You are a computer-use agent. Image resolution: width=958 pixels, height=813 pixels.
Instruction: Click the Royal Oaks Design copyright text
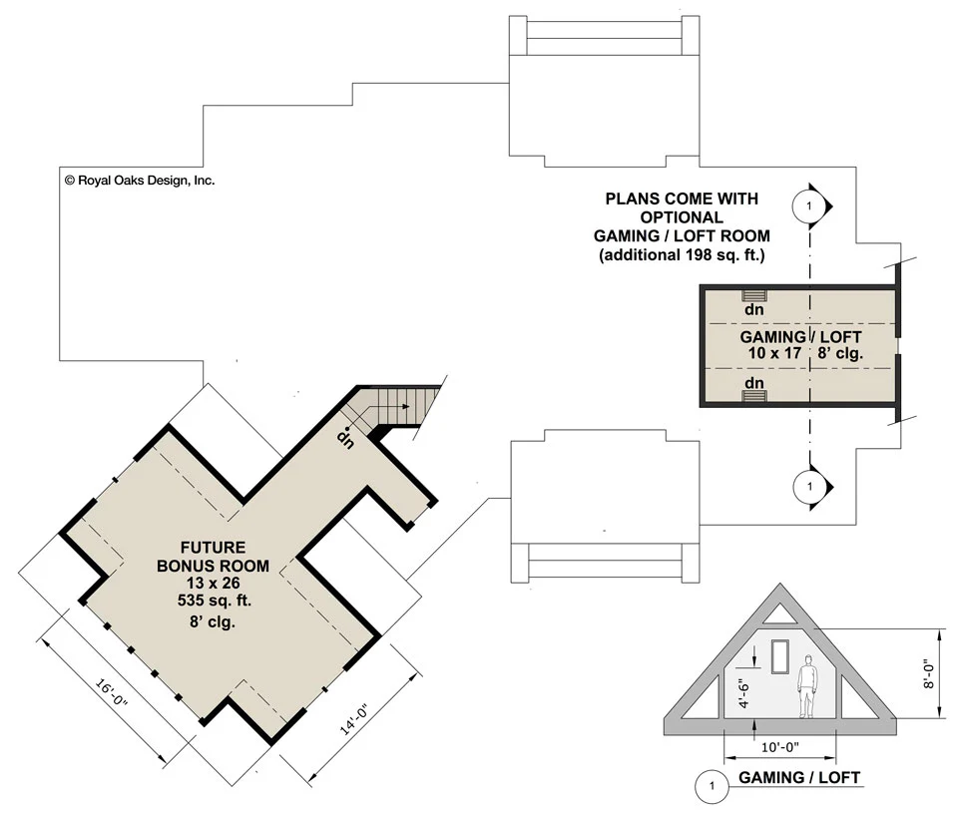click(140, 181)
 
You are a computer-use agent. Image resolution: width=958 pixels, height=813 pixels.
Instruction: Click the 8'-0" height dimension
click(929, 672)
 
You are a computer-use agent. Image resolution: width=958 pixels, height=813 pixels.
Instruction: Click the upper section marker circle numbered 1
click(809, 205)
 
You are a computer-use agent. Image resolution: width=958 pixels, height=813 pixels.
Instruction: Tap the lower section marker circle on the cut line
click(809, 487)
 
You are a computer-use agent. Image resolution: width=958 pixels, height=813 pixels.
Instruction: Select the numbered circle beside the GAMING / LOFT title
click(711, 786)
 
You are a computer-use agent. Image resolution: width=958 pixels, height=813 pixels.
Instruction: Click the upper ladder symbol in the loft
click(754, 294)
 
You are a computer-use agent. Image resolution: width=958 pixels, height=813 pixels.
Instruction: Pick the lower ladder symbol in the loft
click(754, 397)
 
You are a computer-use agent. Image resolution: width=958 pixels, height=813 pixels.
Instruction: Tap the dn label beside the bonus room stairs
click(345, 435)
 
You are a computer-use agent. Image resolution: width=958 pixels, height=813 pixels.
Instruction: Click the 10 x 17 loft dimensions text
click(773, 353)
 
